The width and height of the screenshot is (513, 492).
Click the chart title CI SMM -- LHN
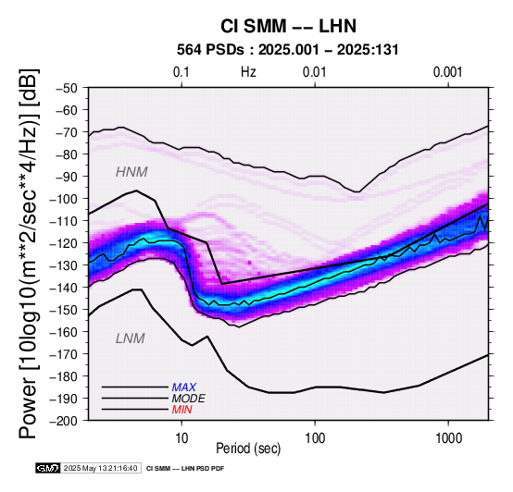tap(288, 26)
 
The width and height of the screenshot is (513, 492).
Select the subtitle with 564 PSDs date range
tap(288, 50)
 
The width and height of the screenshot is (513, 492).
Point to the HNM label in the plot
tap(131, 172)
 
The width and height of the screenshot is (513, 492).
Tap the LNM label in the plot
tap(131, 338)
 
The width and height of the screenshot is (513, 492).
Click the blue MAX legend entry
tap(184, 387)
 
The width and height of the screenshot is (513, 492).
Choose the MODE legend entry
tap(189, 399)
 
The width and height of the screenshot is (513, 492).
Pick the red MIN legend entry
tap(181, 410)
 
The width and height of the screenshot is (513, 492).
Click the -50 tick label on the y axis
tap(67, 88)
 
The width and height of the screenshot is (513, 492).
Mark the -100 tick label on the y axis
tap(64, 199)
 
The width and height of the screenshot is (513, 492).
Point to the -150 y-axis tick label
tap(64, 310)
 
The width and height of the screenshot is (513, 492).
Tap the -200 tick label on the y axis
tap(64, 421)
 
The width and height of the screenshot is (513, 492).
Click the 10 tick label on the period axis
tap(181, 438)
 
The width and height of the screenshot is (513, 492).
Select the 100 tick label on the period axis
tap(315, 438)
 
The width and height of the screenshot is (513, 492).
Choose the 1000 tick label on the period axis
tap(448, 438)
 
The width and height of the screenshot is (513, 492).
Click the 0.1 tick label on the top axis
tap(181, 72)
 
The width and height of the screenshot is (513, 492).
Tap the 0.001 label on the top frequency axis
tap(448, 72)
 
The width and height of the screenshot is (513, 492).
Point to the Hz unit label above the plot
tap(248, 72)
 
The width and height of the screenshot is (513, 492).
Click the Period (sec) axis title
tap(248, 449)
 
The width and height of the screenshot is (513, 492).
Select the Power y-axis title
tap(28, 253)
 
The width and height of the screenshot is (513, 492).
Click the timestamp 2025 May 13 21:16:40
tap(100, 468)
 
